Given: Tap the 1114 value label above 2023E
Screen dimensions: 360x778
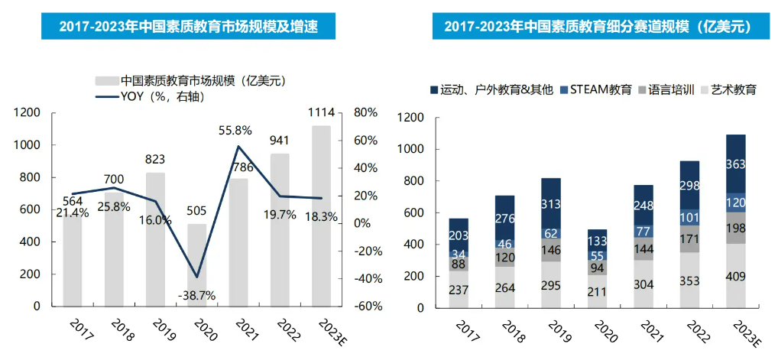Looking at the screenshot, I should (x=320, y=113).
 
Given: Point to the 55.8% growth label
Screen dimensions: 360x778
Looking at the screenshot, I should (x=238, y=131).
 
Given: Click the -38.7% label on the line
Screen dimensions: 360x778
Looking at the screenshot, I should (x=196, y=295).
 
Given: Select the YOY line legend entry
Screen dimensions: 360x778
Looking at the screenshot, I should (x=151, y=96).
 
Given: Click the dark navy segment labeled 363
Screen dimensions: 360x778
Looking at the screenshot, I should (x=735, y=164).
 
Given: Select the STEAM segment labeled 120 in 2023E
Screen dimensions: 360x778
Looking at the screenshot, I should (x=735, y=203).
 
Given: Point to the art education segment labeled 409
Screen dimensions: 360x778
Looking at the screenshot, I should (x=735, y=276).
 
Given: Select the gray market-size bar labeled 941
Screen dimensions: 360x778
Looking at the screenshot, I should (x=280, y=229).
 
